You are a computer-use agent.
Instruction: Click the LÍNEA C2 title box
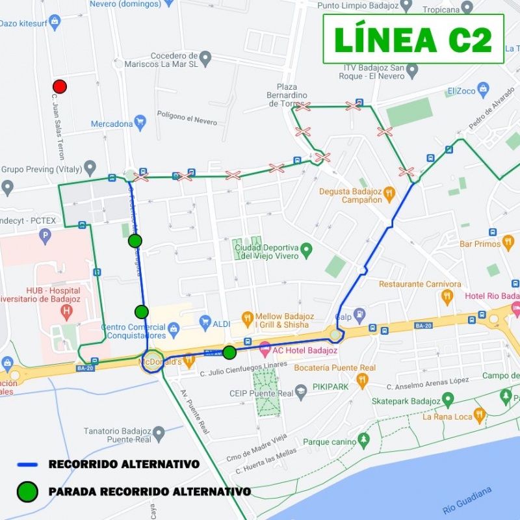tap(413, 39)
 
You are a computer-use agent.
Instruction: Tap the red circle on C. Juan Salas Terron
tap(60, 86)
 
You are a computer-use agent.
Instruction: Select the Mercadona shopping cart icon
tap(140, 122)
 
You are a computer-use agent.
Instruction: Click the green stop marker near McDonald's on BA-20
tap(229, 352)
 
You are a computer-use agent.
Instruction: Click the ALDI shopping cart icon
tap(205, 322)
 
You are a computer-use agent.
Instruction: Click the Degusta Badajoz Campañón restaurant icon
tap(389, 193)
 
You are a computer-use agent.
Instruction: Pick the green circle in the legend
tap(27, 492)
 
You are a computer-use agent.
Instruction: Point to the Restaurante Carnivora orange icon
tap(447, 297)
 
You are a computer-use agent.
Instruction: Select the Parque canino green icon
tap(363, 442)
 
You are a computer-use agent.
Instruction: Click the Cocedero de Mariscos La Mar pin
tap(205, 58)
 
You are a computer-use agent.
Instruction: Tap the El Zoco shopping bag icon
tap(482, 88)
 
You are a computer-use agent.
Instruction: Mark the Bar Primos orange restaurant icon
tap(508, 243)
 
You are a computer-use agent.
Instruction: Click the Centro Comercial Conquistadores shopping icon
tap(174, 330)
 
